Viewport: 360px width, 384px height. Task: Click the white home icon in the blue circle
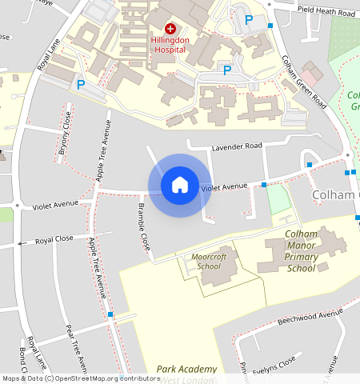click(180, 185)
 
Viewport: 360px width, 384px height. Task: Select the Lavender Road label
click(236, 146)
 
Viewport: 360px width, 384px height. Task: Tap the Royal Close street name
click(54, 239)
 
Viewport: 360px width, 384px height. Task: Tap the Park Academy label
click(187, 369)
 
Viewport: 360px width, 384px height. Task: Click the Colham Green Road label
click(303, 82)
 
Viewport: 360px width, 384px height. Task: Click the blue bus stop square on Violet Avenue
click(264, 185)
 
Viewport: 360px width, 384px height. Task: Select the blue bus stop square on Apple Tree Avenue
click(110, 315)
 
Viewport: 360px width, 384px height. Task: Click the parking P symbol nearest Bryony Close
click(80, 83)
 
